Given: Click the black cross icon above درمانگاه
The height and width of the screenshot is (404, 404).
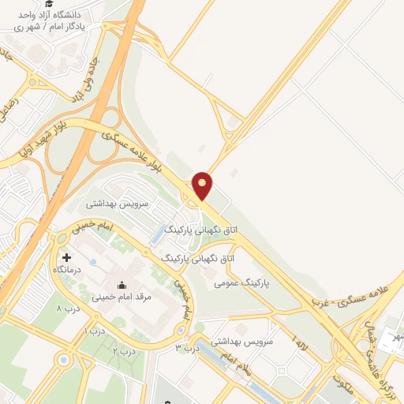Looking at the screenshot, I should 66,257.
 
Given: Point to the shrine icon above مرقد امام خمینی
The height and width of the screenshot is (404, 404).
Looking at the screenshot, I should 122,286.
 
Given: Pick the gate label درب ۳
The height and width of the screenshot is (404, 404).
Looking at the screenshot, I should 183,346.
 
